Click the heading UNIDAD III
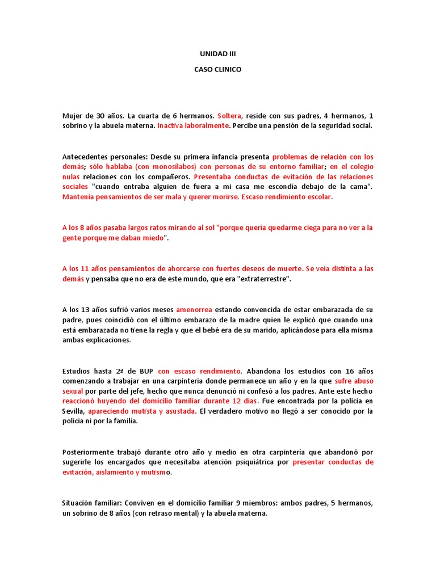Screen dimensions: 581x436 coord(217,54)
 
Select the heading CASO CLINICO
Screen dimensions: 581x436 coord(217,70)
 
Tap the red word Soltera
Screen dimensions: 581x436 coord(229,116)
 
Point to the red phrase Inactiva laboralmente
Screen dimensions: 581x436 coord(193,126)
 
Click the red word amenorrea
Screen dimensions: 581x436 coord(194,310)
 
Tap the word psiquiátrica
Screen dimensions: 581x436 coord(258,463)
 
